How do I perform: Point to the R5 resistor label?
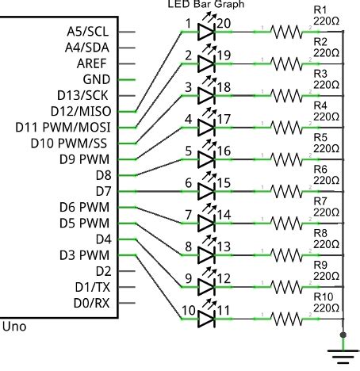click(x=320, y=136)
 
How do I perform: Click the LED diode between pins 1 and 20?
click(x=205, y=33)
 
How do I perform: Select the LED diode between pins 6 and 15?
click(x=205, y=192)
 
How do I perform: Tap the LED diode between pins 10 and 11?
click(x=205, y=319)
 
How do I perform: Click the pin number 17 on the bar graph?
click(x=224, y=120)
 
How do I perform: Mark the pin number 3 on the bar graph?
click(x=187, y=87)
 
